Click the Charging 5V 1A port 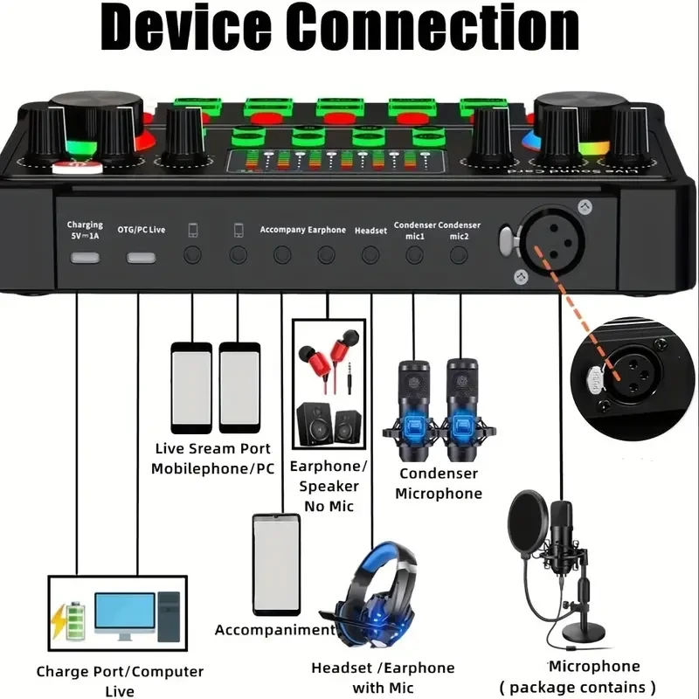click(86, 257)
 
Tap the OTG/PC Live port click(141, 257)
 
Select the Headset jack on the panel click(370, 255)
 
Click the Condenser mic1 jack click(413, 255)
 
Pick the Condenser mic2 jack click(459, 255)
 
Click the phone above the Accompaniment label click(276, 564)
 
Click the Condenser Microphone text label click(439, 483)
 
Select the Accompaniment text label click(274, 630)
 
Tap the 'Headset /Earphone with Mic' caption click(383, 678)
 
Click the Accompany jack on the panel click(281, 255)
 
